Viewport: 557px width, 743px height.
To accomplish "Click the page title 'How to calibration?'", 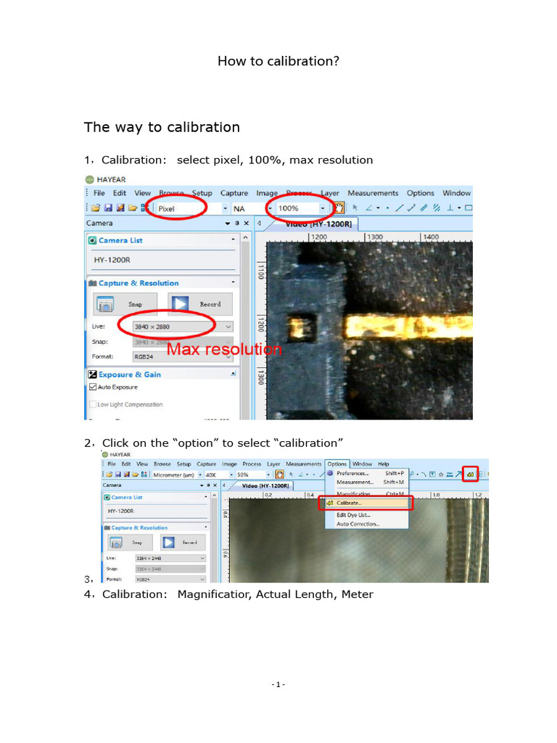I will (278, 61).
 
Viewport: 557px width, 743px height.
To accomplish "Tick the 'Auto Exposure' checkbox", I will (93, 387).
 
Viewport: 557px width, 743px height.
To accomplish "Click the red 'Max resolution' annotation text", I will (224, 350).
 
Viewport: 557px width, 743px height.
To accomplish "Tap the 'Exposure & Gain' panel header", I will (130, 374).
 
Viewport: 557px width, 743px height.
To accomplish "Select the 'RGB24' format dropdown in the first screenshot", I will (181, 356).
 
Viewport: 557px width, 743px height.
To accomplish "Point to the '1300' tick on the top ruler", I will (374, 237).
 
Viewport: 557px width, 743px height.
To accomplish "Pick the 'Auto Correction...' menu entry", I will (358, 524).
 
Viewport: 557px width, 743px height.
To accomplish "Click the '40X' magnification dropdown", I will (211, 475).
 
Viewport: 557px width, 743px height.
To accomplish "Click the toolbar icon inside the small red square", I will (471, 474).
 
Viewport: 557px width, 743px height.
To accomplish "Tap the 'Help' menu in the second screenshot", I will (383, 464).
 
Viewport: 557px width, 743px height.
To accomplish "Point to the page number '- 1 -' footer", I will (278, 684).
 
